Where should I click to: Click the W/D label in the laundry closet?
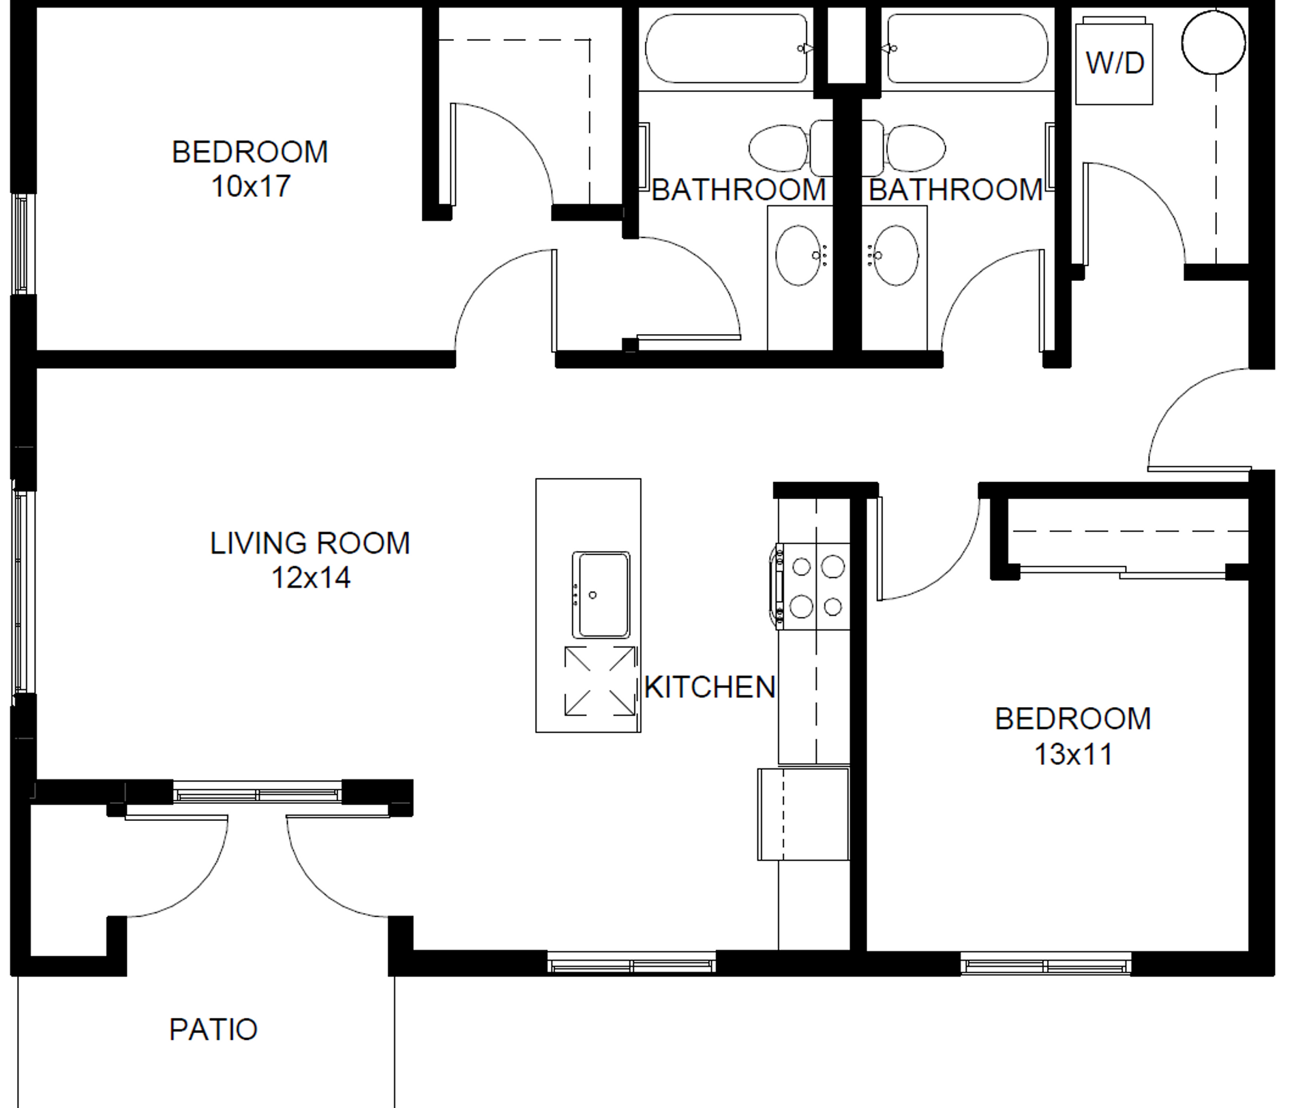click(1115, 63)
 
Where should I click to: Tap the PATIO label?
click(213, 1030)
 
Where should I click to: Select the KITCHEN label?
click(710, 687)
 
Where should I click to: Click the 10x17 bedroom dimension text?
click(251, 186)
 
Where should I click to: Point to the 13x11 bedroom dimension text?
click(1073, 754)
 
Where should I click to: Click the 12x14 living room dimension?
click(311, 578)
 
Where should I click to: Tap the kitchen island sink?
click(601, 595)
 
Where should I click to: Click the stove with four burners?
click(812, 586)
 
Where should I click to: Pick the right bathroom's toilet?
click(907, 148)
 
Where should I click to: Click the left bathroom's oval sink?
click(800, 255)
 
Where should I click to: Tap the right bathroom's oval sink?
click(896, 255)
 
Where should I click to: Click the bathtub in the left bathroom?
click(727, 48)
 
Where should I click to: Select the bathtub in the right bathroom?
click(967, 48)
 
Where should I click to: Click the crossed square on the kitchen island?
click(600, 681)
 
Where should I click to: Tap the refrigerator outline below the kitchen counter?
click(803, 813)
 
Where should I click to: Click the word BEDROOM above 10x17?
click(250, 151)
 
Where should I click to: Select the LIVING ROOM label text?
click(310, 543)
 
